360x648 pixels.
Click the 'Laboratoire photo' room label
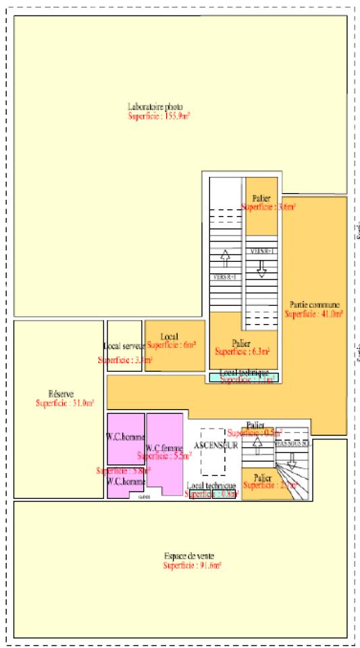click(155, 107)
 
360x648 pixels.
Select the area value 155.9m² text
click(159, 116)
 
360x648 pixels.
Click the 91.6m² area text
click(192, 565)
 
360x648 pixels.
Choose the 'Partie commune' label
click(315, 304)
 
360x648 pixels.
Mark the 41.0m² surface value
click(314, 314)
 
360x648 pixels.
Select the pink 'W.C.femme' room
click(165, 466)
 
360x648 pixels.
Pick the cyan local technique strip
click(243, 378)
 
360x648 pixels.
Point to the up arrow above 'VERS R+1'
click(226, 258)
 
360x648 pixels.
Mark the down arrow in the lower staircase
click(292, 460)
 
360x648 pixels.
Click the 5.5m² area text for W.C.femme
click(164, 456)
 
